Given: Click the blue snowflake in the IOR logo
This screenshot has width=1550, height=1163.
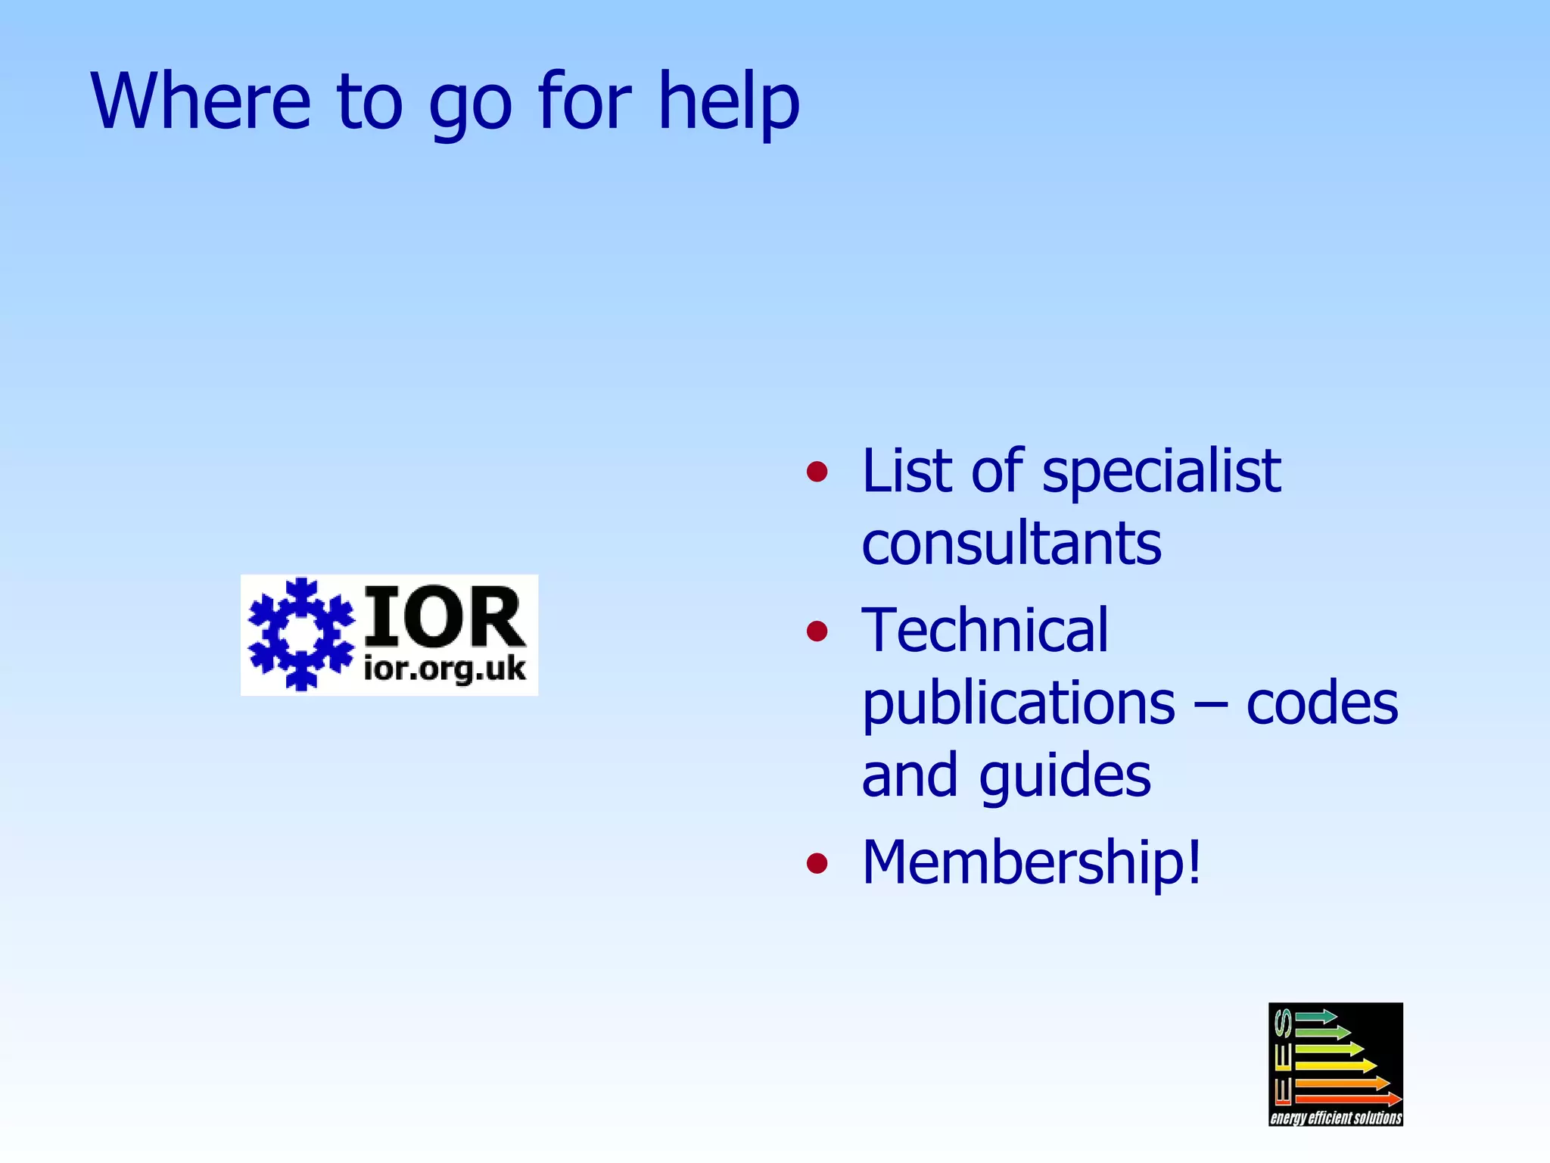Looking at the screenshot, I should [301, 635].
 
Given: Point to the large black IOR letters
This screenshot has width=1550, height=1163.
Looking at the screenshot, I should [444, 617].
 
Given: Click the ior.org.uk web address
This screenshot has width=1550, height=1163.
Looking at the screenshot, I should [444, 669].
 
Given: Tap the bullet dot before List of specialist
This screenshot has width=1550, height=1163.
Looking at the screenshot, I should [817, 472].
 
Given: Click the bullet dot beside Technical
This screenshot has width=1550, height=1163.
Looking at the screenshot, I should [817, 631].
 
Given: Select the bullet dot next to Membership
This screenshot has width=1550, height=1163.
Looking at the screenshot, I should [817, 862].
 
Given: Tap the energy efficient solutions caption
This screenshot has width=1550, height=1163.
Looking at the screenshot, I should [1336, 1118].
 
